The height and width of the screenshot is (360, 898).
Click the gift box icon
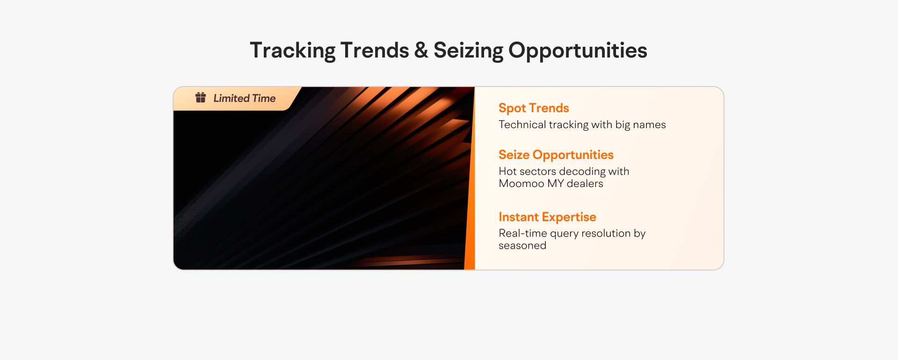coord(201,97)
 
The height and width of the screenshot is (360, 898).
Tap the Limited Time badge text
coord(245,98)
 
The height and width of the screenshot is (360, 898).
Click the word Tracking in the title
coord(292,51)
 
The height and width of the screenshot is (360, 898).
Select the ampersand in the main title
coord(421,50)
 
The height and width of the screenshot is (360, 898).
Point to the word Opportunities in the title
coord(578,51)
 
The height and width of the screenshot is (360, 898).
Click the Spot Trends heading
coord(534,108)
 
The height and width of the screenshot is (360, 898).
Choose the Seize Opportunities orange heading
coord(556,155)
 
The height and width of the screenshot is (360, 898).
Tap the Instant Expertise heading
coord(547,217)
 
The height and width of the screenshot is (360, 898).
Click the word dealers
coord(585,183)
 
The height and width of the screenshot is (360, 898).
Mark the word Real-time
coord(522,233)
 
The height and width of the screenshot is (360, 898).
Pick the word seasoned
coord(522,245)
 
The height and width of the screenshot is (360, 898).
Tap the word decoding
coord(582,172)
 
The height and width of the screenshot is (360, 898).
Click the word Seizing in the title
coord(468,51)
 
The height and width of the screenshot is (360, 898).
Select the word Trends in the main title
coord(375,50)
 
